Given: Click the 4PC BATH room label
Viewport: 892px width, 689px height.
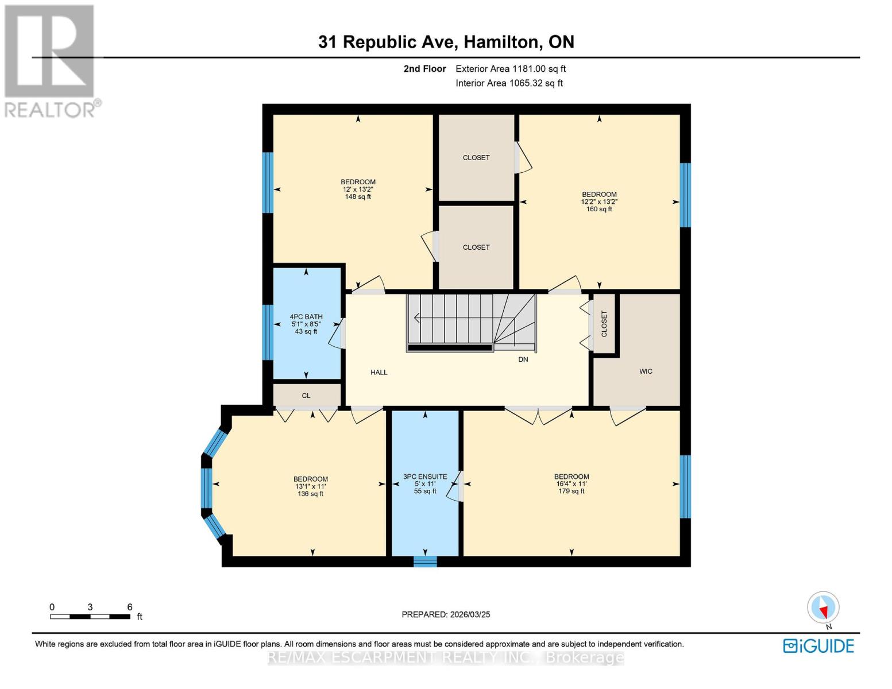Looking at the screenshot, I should (306, 316).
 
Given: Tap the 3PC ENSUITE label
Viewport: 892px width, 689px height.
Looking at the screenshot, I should (425, 477).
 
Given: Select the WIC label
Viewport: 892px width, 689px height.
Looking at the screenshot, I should (646, 371).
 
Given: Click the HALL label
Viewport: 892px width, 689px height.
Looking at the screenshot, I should (379, 373).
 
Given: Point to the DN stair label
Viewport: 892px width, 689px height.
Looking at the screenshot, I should (523, 359).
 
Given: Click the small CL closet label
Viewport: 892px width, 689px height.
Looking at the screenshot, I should (306, 396).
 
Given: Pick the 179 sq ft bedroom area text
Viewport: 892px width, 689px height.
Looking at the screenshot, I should (572, 491).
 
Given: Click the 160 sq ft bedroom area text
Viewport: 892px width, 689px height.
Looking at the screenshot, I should (599, 209).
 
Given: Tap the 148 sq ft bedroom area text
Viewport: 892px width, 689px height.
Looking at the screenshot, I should (358, 197).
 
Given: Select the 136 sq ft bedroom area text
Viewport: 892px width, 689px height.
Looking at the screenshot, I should (311, 494).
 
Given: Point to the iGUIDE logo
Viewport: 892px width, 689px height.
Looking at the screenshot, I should (818, 646).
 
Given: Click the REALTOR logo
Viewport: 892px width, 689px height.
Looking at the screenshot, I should (50, 60).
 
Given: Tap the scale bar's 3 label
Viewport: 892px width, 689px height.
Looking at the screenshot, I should (90, 607).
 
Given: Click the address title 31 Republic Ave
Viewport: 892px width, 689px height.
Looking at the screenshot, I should (446, 42).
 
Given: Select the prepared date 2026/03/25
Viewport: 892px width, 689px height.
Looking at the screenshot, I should (446, 614).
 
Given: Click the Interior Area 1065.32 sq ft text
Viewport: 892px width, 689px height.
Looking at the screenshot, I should (509, 83).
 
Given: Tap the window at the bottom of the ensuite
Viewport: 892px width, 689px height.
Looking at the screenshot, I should (425, 561).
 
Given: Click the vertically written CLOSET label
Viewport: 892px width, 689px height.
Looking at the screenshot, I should (604, 324).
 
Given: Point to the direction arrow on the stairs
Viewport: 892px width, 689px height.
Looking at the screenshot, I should (416, 317).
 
